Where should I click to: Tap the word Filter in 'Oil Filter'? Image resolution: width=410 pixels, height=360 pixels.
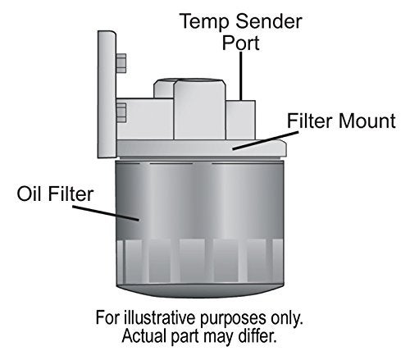pos(74,194)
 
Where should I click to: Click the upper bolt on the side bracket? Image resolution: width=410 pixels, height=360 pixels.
pos(121,62)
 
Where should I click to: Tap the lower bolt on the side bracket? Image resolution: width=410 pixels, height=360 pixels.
pos(121,109)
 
